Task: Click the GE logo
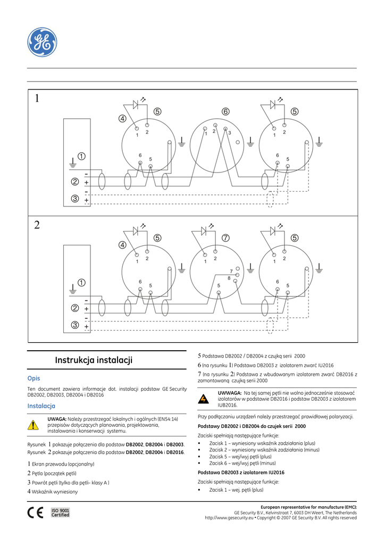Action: (x=42, y=42)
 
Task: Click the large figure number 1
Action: (x=37, y=98)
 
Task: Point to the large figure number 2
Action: (x=37, y=225)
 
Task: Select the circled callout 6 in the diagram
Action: (x=225, y=112)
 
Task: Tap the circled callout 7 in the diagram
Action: (x=225, y=238)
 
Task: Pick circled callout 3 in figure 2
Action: (x=75, y=325)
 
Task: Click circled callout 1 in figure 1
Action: (x=81, y=156)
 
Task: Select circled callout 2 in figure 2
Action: (x=75, y=308)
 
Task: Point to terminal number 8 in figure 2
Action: (x=229, y=278)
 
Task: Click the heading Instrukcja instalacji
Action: (x=93, y=360)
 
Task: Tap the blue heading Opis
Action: (x=34, y=378)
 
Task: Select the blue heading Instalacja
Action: (x=41, y=406)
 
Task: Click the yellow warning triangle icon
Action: (x=34, y=425)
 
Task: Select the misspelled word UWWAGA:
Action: (x=230, y=393)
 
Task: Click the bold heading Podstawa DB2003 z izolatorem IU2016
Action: (x=241, y=473)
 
